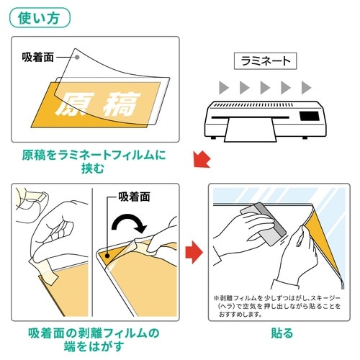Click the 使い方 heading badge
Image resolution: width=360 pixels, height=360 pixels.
click(x=40, y=18)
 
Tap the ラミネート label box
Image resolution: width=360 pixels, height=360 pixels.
click(x=265, y=61)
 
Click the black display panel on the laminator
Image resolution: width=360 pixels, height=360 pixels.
click(x=310, y=116)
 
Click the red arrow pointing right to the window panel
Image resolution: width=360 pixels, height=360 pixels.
click(x=194, y=252)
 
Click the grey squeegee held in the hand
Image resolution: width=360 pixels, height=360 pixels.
click(x=264, y=224)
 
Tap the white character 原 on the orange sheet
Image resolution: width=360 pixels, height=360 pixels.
click(x=73, y=104)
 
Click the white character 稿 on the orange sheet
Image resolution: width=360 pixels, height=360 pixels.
click(x=122, y=104)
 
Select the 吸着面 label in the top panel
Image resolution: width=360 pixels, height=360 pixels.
click(x=37, y=57)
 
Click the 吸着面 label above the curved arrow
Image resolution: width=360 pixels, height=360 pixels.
click(x=134, y=197)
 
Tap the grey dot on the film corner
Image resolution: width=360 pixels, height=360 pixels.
click(x=77, y=57)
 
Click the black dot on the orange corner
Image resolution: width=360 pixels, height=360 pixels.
click(x=108, y=256)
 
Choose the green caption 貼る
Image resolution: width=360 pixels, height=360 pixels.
click(x=282, y=333)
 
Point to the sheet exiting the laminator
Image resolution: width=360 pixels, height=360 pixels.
click(x=251, y=130)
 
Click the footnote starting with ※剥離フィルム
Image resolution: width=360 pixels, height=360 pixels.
click(x=276, y=306)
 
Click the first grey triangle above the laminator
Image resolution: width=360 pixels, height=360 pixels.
click(x=224, y=88)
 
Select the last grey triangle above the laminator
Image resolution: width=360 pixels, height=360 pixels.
click(x=306, y=88)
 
